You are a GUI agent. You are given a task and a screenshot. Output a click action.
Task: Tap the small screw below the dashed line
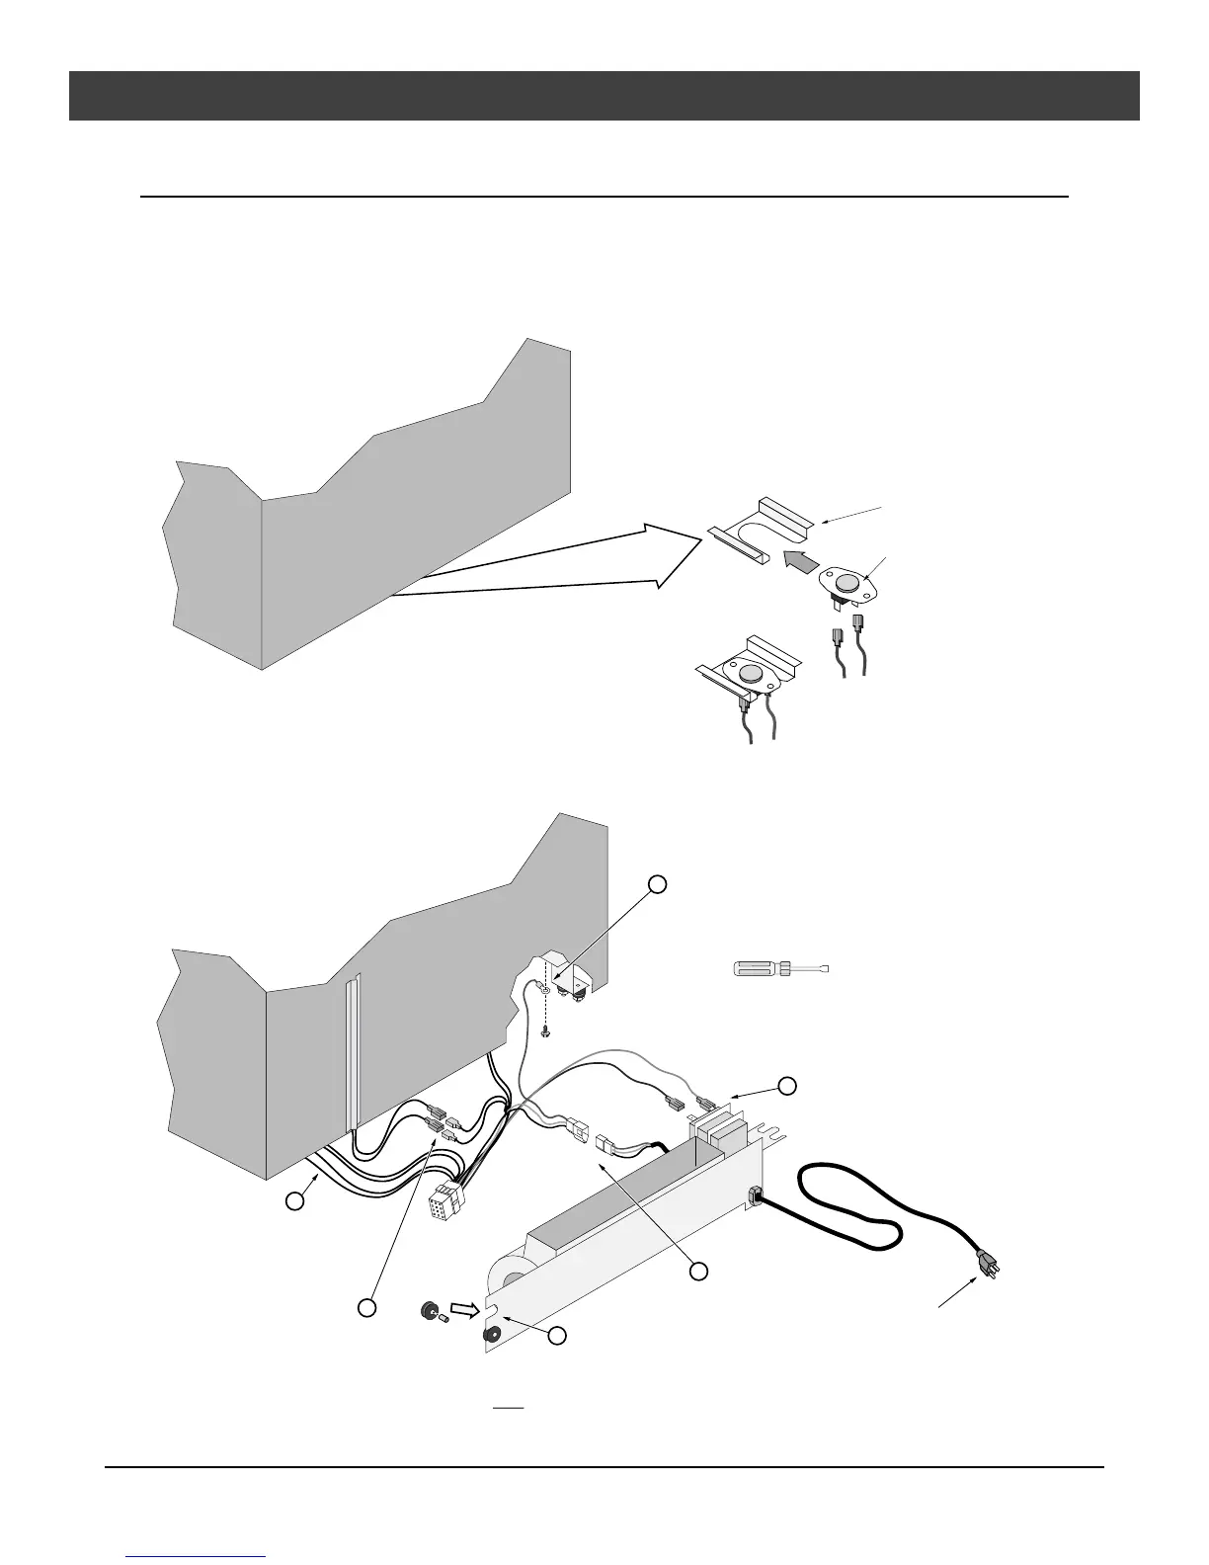click(x=545, y=1030)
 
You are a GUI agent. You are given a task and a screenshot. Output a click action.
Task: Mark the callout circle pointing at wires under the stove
click(x=293, y=1200)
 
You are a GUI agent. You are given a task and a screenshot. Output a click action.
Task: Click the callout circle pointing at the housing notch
click(x=557, y=1336)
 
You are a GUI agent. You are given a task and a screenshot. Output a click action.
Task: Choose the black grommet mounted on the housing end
click(x=491, y=1336)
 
